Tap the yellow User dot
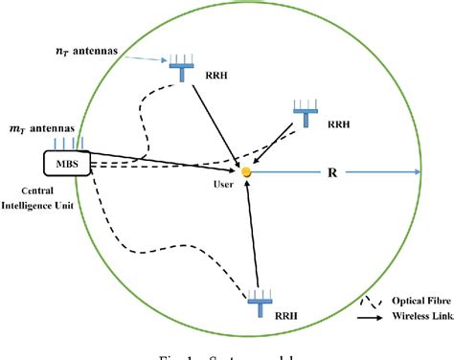(x=247, y=172)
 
